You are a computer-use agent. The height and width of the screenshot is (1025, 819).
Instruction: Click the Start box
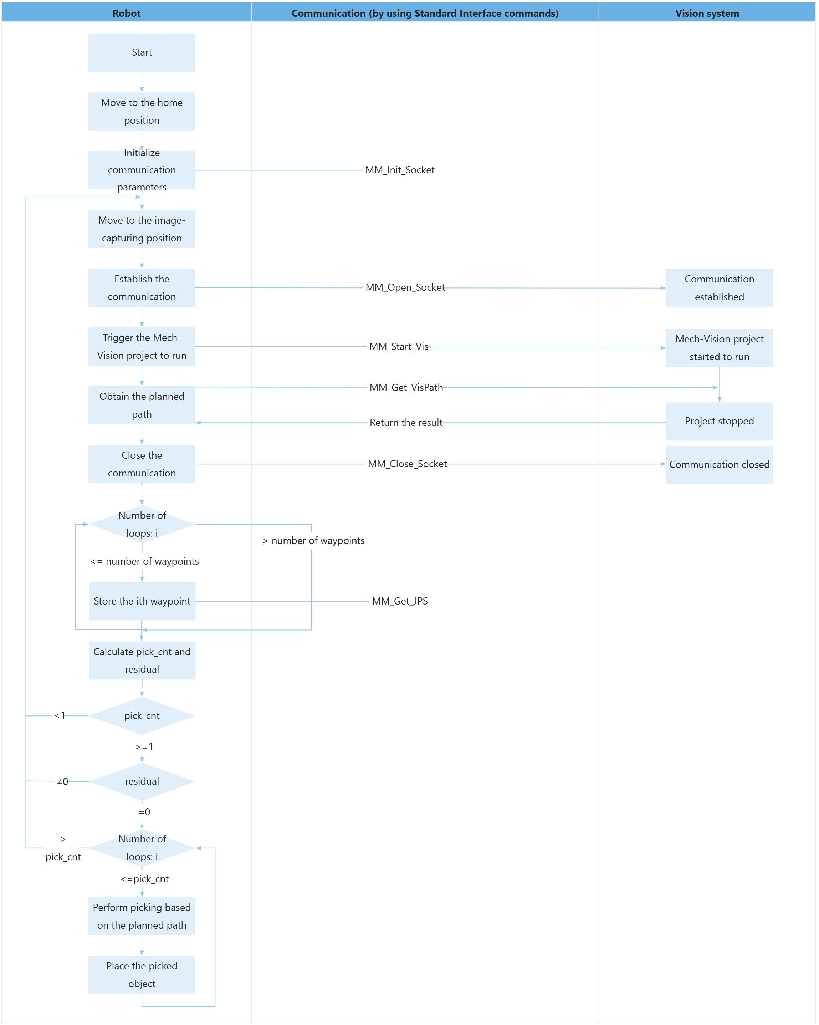point(142,52)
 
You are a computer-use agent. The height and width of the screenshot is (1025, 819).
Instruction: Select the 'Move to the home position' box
point(142,111)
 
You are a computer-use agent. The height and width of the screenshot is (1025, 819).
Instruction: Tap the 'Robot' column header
point(127,13)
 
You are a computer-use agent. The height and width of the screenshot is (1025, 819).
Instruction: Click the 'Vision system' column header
point(707,13)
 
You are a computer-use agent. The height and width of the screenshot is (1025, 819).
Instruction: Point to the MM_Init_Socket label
point(400,170)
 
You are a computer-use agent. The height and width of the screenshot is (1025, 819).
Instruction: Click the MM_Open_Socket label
point(405,287)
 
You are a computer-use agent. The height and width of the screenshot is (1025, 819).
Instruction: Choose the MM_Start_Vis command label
point(400,347)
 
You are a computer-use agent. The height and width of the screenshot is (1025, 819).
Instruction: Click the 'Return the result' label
point(405,423)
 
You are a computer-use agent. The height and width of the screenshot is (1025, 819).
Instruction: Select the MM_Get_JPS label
point(400,601)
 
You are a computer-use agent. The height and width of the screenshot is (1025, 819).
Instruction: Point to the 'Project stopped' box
point(719,421)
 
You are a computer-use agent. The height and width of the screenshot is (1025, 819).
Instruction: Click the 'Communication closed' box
point(719,464)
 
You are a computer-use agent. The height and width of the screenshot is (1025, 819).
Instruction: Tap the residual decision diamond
point(142,781)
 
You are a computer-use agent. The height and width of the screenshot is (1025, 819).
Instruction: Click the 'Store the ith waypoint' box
point(142,601)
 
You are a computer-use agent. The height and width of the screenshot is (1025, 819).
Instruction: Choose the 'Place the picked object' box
point(142,975)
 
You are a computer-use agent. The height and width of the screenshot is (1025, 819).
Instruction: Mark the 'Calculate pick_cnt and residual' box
point(142,661)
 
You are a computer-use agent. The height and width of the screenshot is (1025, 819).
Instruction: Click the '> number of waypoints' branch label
point(314,541)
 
